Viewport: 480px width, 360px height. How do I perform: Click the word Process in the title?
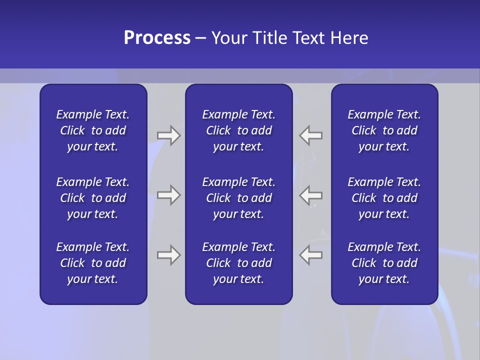157,38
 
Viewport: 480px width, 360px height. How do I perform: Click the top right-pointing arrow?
169,135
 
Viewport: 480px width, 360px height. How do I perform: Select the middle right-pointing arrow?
169,194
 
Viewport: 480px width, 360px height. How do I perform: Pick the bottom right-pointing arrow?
169,255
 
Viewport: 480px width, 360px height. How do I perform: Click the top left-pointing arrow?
311,135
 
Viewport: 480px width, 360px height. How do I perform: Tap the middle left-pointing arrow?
311,194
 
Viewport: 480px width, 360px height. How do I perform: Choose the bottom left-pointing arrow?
311,255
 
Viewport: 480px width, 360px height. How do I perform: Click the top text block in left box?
93,130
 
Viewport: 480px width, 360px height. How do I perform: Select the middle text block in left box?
93,198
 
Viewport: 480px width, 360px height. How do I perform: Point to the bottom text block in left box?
93,263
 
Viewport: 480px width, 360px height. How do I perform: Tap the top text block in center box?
238,130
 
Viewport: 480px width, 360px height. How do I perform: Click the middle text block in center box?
238,198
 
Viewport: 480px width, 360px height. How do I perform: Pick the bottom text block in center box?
238,263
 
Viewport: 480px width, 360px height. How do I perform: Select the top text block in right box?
384,130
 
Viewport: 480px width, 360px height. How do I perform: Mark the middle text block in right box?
384,198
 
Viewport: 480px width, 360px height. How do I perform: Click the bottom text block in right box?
384,263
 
